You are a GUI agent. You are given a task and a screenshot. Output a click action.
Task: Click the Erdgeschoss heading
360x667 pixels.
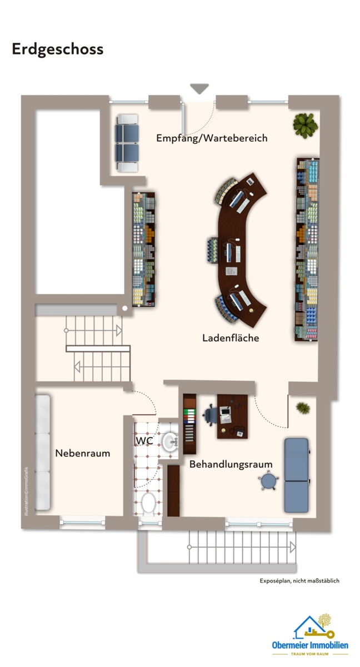58,49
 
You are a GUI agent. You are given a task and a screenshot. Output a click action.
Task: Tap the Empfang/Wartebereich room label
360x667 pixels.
212,138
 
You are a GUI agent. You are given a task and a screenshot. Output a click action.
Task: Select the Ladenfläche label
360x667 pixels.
231,337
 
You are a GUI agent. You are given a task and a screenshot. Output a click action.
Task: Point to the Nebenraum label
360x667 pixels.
82,453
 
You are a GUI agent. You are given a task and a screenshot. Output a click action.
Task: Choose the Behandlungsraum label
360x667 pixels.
231,464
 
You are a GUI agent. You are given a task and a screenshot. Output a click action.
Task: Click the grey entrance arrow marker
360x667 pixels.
199,88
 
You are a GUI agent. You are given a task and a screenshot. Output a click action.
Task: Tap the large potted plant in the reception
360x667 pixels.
304,125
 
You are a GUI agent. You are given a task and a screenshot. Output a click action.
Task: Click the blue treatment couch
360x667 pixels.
296,475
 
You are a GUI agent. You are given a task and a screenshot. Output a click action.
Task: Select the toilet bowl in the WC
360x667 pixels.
148,504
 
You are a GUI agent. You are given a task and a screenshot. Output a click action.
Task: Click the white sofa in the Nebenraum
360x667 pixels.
43,452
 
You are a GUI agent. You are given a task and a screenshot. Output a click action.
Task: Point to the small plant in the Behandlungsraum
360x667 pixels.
303,407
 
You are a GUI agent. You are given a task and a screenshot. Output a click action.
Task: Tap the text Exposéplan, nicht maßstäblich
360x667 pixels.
299,581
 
